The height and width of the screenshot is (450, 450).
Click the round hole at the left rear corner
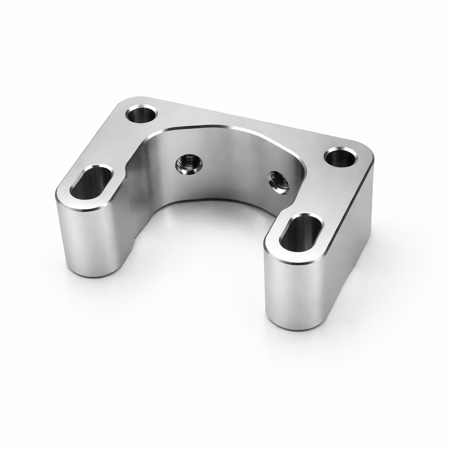[142, 114]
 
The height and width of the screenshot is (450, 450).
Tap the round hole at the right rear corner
[341, 157]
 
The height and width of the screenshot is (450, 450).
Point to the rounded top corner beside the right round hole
[367, 152]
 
